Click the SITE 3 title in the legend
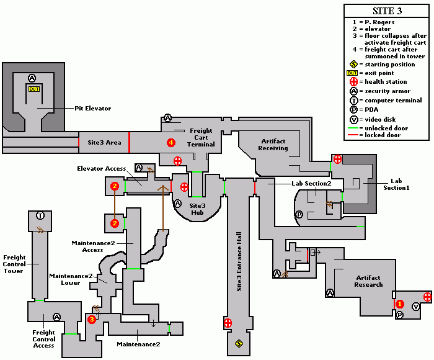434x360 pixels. tap(387, 11)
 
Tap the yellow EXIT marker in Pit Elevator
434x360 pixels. tap(34, 89)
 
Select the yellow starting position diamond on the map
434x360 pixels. tap(239, 343)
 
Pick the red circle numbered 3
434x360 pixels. tap(92, 320)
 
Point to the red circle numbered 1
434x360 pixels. tap(400, 304)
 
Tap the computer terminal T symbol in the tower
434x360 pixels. tap(40, 215)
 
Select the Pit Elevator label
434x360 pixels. tap(93, 109)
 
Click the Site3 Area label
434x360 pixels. tap(104, 142)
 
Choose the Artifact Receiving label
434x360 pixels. tap(273, 145)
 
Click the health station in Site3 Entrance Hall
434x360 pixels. tap(228, 323)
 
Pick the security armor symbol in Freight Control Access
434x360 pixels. tap(57, 317)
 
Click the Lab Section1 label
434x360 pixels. tap(396, 184)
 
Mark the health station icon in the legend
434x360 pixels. tap(353, 81)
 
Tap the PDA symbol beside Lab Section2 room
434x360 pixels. tap(299, 214)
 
